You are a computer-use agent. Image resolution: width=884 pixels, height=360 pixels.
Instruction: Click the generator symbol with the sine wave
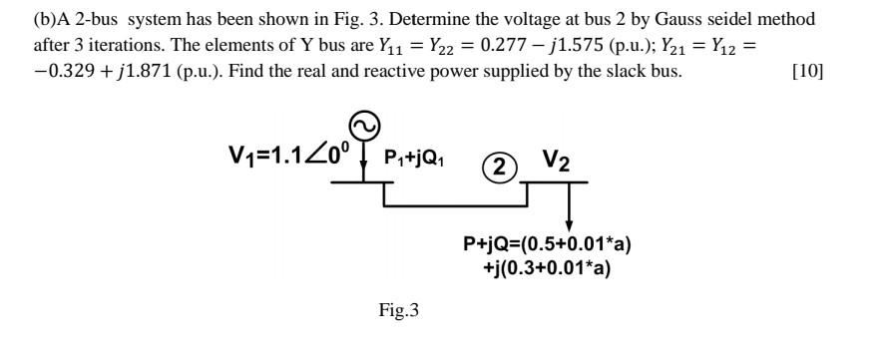point(363,126)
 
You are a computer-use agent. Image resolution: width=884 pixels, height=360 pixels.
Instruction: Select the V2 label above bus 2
point(556,161)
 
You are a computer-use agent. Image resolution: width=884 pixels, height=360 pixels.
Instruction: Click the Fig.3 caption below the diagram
point(398,311)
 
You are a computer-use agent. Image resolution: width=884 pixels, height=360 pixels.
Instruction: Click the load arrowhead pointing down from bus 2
point(569,221)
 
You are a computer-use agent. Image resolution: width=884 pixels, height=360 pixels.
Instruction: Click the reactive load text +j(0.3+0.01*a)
point(547,267)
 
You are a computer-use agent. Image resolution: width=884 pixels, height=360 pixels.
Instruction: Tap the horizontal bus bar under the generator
point(362,182)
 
